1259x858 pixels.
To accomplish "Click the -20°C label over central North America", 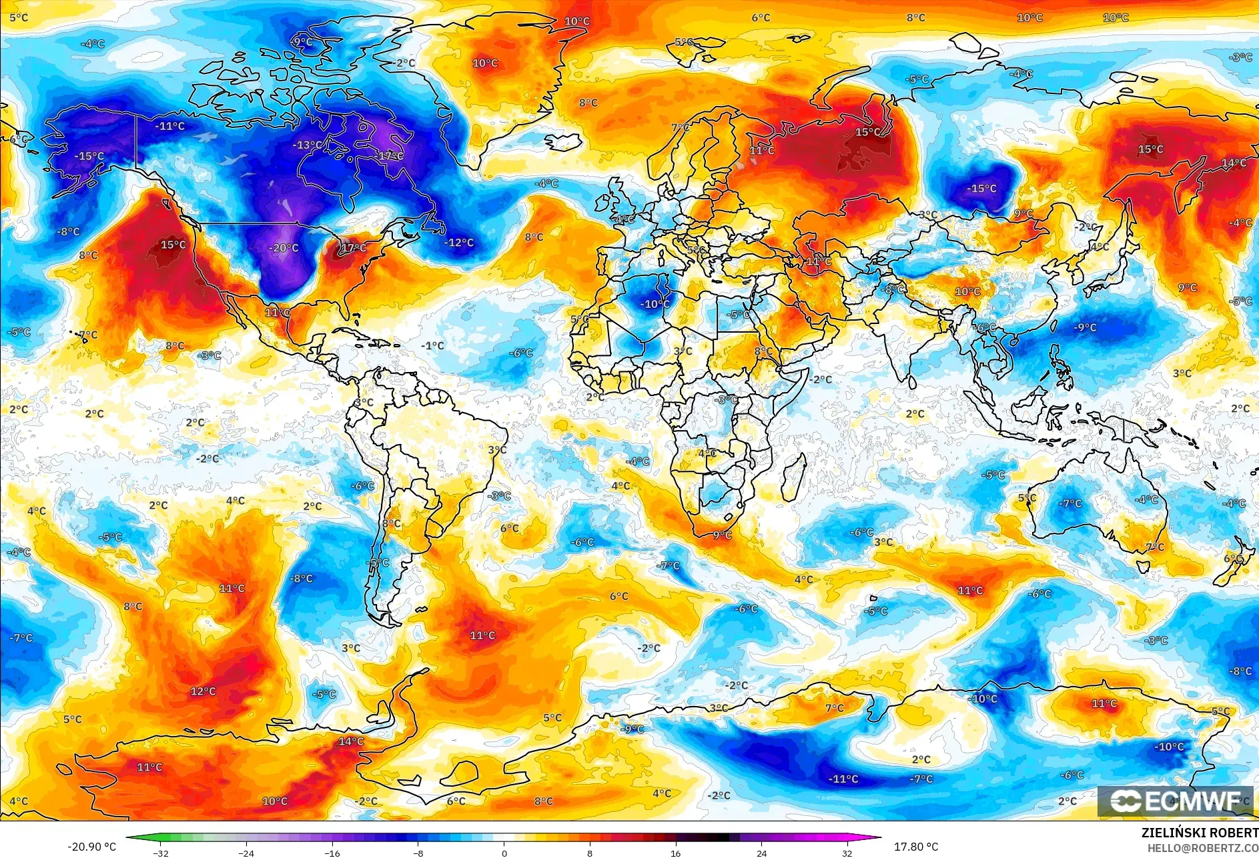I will [x=284, y=248].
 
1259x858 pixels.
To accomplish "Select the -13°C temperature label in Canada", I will [x=307, y=145].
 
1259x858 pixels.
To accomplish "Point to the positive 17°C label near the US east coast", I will [x=354, y=248].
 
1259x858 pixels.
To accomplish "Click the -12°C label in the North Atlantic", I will [x=459, y=243].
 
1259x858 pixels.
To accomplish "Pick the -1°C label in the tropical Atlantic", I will [x=433, y=345].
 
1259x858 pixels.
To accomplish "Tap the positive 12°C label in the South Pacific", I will [x=203, y=691].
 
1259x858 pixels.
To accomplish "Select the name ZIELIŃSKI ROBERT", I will [x=1200, y=833].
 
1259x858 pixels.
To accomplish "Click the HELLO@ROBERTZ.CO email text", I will [x=1202, y=848].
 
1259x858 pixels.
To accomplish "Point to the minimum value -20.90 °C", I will [x=91, y=847].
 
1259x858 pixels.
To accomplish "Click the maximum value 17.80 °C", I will [x=915, y=847].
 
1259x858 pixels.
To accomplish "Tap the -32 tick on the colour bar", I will [x=160, y=853].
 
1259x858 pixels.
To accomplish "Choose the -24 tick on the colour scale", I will [x=246, y=853].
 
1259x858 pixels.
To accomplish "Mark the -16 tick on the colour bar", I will [x=332, y=853].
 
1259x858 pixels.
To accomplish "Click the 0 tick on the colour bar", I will [x=504, y=853].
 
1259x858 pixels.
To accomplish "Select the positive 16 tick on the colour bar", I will [x=675, y=853].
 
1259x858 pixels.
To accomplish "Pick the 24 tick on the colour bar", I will [x=761, y=853].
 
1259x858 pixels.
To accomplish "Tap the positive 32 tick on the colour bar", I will [x=847, y=853].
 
